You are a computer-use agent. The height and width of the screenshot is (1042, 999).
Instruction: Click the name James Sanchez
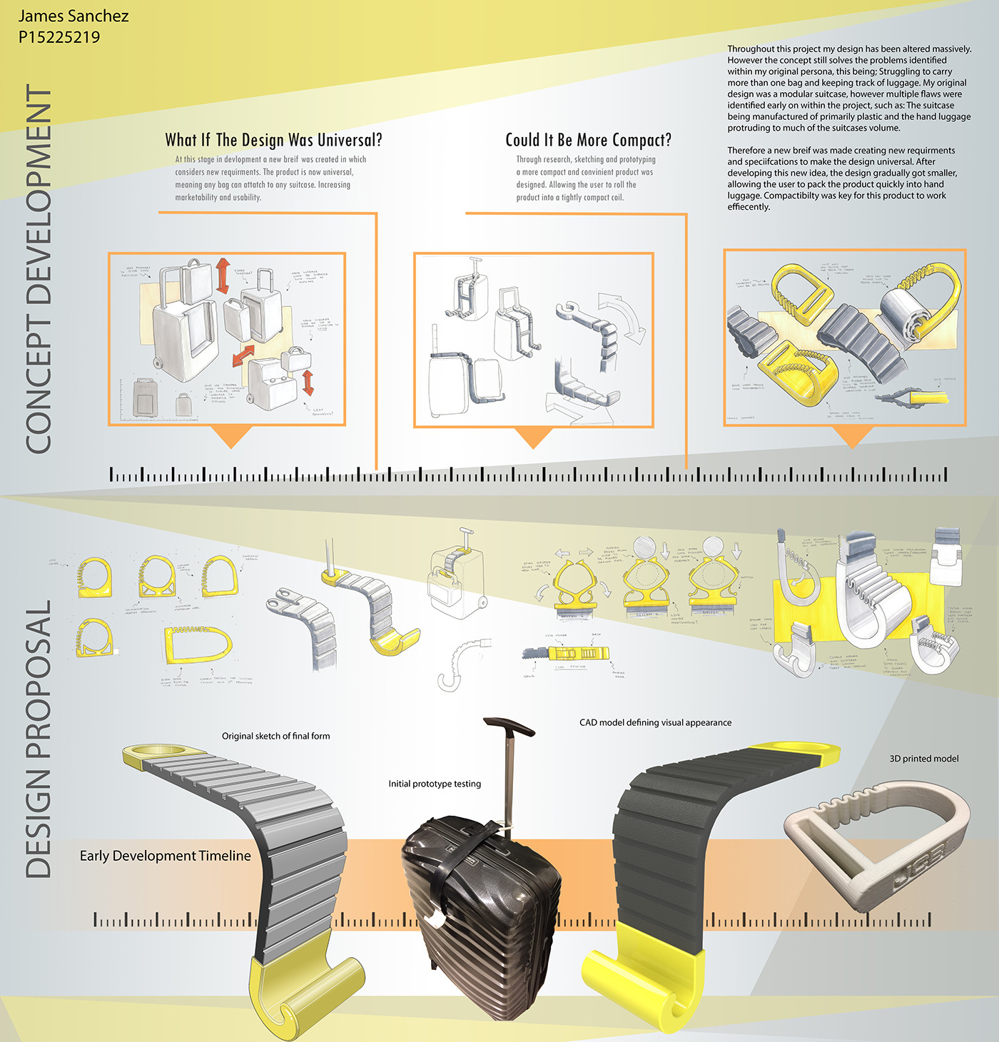coord(73,16)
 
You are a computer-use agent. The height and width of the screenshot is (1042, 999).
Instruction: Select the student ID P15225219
coord(59,37)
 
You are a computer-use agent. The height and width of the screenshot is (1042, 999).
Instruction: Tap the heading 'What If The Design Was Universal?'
coord(273,140)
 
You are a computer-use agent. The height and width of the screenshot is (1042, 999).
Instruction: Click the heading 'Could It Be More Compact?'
coord(588,140)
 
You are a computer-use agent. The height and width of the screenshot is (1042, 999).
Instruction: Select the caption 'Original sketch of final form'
coord(275,736)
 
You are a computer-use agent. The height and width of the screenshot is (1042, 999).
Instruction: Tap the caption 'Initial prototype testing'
coord(435,784)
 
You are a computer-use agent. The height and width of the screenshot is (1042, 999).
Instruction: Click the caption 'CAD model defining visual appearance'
coord(655,722)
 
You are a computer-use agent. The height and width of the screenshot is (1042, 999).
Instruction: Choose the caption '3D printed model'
coord(923,759)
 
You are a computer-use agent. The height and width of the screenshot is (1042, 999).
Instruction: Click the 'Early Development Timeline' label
coord(165,856)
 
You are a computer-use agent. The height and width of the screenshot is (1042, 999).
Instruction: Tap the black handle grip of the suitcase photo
coord(509,727)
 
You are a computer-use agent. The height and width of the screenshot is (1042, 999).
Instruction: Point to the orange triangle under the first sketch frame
coord(231,435)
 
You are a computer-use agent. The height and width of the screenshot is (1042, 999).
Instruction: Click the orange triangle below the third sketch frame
coord(852,436)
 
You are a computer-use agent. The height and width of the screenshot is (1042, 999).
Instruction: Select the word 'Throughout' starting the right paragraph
coord(751,49)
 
